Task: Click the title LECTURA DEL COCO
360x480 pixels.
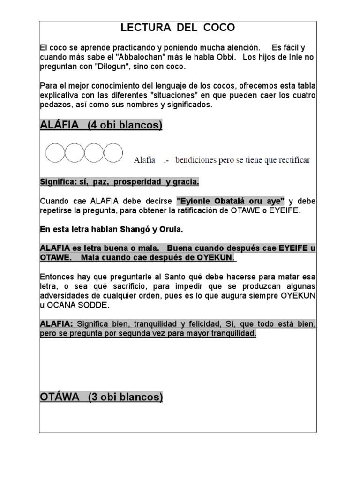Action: [x=178, y=28]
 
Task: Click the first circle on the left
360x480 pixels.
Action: [x=55, y=153]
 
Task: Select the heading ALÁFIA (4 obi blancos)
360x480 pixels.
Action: [x=101, y=125]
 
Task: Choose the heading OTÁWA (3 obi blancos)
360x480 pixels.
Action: [x=101, y=397]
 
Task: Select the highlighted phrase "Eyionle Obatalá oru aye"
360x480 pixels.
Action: [x=231, y=201]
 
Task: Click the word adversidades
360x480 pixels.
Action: [x=63, y=295]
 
